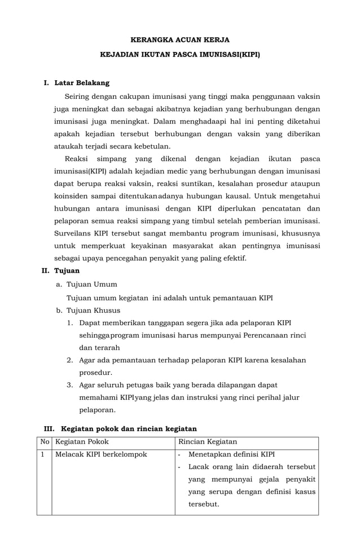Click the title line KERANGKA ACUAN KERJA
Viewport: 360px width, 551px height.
180,40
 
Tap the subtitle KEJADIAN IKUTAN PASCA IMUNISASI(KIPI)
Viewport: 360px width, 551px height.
180,56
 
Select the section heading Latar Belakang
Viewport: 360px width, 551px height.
82,83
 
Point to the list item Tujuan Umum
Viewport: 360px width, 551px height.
91,284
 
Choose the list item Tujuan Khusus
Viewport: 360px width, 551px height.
93,310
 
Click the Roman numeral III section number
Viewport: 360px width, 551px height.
50,428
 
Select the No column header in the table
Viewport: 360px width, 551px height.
45,441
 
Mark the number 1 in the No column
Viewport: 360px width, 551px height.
42,454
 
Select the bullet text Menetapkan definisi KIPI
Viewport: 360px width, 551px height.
231,454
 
